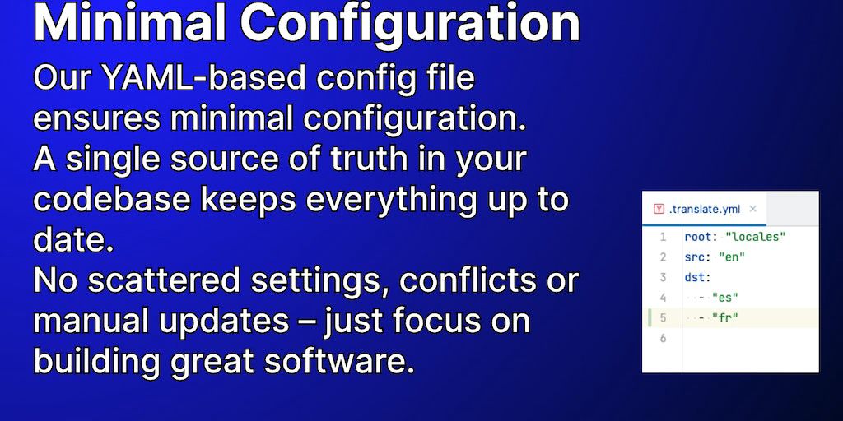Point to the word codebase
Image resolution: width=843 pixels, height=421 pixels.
[112, 199]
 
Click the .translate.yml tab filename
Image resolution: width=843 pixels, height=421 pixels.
[705, 210]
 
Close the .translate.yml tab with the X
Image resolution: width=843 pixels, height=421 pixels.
[752, 209]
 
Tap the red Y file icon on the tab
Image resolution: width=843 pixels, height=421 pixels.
[659, 210]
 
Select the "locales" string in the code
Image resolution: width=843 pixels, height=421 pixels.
[756, 236]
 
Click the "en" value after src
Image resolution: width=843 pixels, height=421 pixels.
[732, 257]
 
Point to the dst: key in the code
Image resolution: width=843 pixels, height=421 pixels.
[698, 277]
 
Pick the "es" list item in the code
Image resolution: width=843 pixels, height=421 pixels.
[724, 297]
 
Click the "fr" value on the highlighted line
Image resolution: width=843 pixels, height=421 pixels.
[724, 317]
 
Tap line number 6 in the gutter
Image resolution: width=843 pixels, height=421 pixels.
[663, 338]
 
